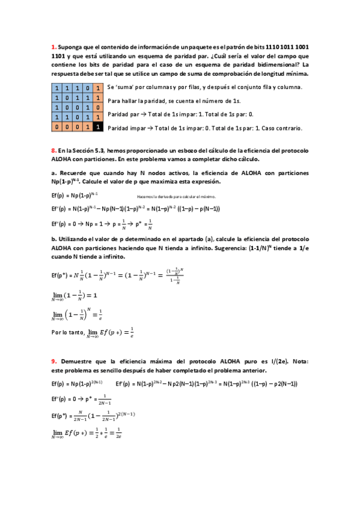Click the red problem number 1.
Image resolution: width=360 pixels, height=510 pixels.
click(x=53, y=47)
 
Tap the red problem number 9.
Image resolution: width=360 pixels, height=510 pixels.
click(x=53, y=361)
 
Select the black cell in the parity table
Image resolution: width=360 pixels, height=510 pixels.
click(x=98, y=127)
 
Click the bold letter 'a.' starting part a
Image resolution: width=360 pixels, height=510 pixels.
click(x=53, y=173)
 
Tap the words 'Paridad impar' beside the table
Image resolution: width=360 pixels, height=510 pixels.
click(x=126, y=128)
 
